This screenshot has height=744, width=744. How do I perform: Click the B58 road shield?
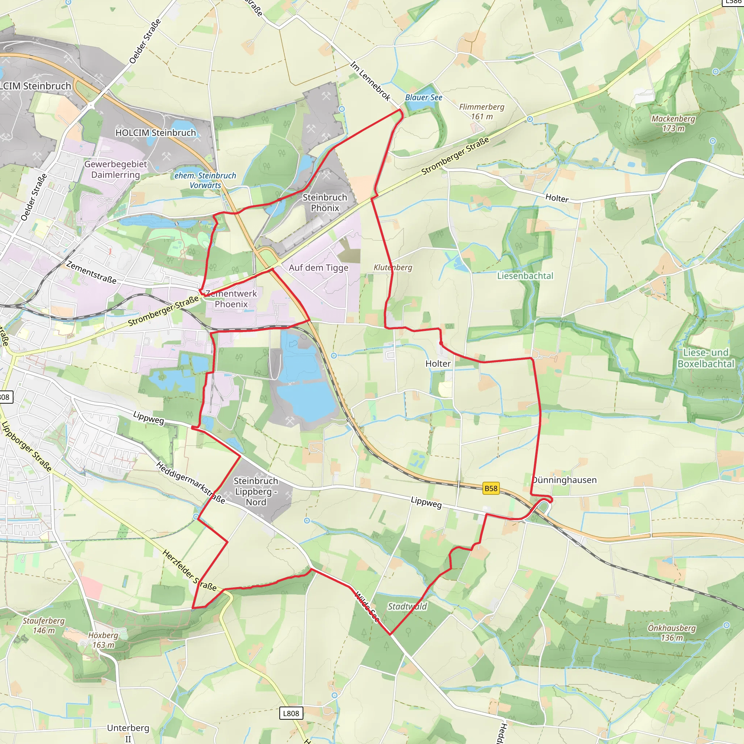490,488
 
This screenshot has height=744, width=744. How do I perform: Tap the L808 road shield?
291,713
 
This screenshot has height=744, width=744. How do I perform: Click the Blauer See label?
423,97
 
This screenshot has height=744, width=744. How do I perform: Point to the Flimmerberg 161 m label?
481,111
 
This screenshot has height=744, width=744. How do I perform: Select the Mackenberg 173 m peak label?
673,123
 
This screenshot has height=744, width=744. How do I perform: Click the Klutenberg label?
392,267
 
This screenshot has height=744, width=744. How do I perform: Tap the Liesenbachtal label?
525,276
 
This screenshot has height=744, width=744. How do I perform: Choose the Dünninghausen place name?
565,480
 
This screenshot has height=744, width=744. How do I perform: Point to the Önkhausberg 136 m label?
672,633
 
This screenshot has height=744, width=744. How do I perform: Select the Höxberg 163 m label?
103,640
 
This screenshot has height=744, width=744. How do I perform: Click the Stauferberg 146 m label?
44,626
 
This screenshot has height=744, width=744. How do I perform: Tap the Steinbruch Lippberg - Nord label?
256,492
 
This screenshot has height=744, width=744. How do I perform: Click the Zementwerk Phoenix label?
231,299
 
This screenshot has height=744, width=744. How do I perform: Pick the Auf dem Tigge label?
319,268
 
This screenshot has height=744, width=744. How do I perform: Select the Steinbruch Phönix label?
325,203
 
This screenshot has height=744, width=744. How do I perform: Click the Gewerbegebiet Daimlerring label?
116,169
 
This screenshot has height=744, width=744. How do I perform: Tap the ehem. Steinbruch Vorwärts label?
205,180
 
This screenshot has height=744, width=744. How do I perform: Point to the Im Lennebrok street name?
370,82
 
